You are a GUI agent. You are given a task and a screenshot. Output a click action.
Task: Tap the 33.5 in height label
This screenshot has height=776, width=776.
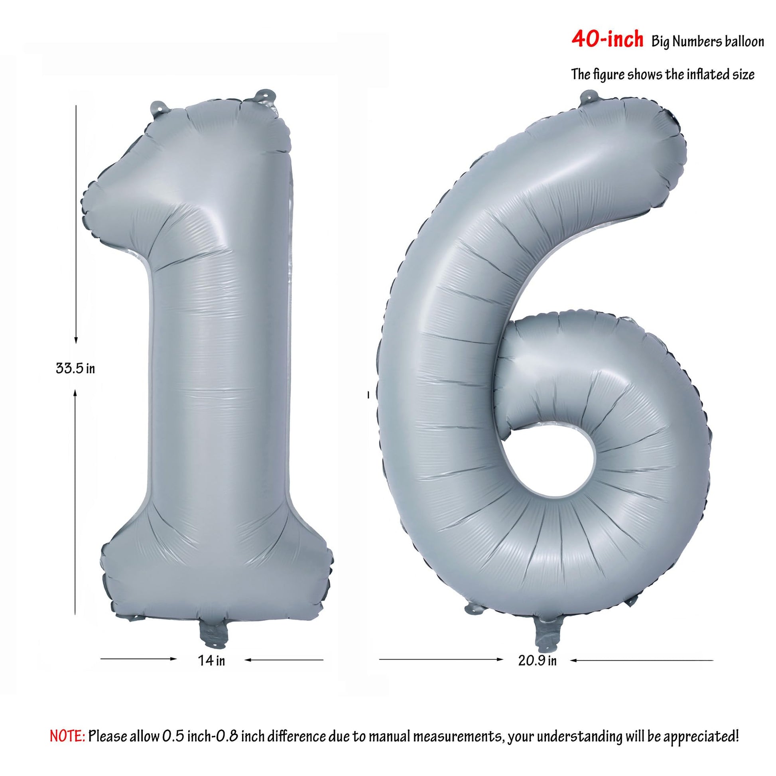pyautogui.click(x=75, y=368)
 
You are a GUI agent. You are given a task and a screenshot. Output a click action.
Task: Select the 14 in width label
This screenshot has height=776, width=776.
pyautogui.click(x=212, y=660)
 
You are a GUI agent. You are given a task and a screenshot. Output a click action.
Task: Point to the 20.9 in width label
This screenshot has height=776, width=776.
pyautogui.click(x=538, y=660)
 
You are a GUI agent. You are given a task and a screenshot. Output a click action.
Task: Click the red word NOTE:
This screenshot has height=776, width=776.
pyautogui.click(x=67, y=725)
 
